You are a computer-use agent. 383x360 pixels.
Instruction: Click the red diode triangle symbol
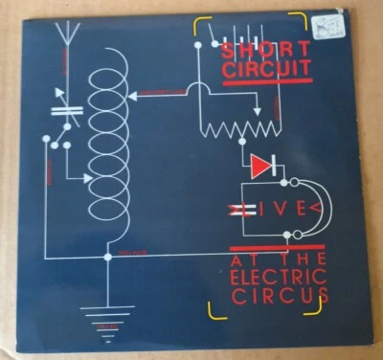[260, 167]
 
